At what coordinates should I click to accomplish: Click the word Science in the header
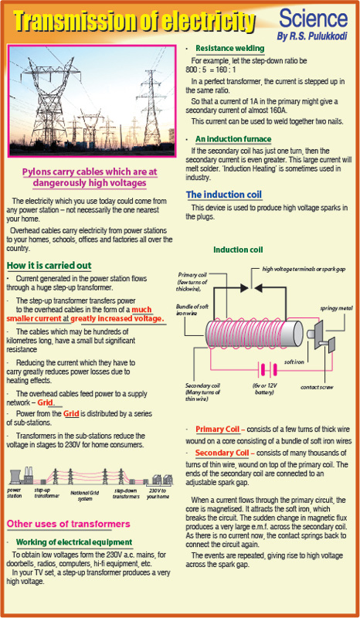tap(314, 19)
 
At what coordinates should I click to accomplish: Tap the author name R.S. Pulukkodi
tap(312, 36)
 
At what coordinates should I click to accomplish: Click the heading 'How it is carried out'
tap(49, 265)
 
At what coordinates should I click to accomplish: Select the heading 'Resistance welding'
tap(230, 49)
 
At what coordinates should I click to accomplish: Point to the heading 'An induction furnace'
tap(233, 139)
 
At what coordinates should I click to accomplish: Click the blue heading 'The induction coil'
tap(223, 195)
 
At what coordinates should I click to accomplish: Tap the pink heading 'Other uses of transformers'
tap(68, 524)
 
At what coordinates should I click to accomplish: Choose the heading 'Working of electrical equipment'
tap(74, 542)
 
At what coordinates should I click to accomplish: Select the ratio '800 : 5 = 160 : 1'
tap(211, 70)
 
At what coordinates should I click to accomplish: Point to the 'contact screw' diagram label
tap(317, 387)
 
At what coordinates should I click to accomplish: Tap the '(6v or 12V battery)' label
tap(264, 390)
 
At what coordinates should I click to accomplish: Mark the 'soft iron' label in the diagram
tap(294, 362)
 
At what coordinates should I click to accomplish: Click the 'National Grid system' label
tap(84, 495)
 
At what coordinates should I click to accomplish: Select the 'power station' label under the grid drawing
tap(14, 493)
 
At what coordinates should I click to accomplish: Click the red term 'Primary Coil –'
tap(221, 429)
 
